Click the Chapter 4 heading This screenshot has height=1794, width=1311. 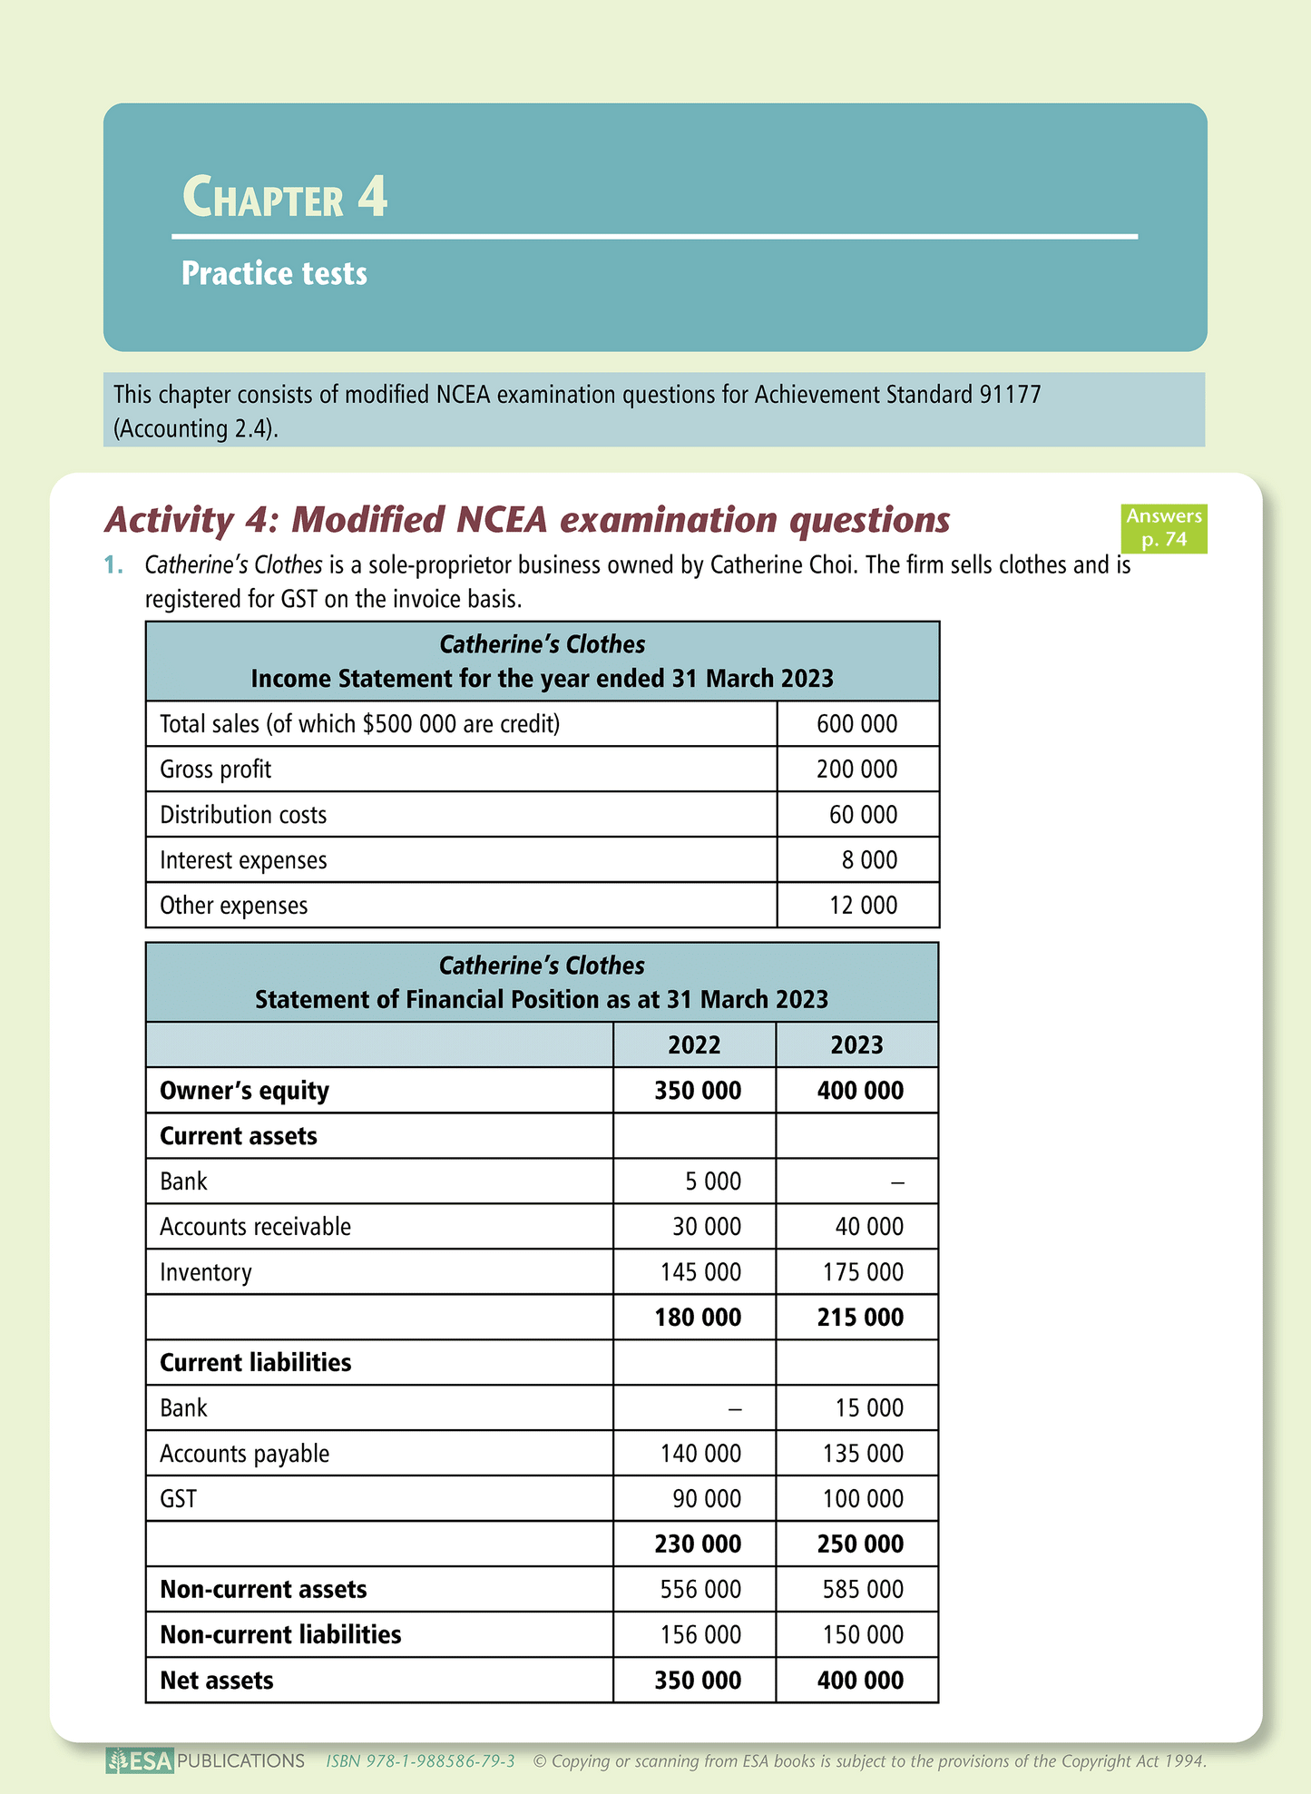click(285, 197)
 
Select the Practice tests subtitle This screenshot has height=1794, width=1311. click(274, 273)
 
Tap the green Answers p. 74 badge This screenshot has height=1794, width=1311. click(1163, 528)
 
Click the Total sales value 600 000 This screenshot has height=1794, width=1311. click(856, 724)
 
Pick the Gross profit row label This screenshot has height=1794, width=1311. click(215, 770)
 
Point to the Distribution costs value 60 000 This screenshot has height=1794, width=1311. click(863, 815)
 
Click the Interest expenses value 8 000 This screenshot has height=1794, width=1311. click(869, 860)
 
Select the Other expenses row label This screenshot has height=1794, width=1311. click(233, 906)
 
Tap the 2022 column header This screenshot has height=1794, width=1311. click(694, 1045)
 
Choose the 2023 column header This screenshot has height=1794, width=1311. click(856, 1045)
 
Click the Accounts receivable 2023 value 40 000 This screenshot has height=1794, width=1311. click(869, 1227)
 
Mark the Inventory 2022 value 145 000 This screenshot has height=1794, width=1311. click(700, 1272)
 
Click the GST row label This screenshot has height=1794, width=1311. click(178, 1499)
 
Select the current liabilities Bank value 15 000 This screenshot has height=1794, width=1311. click(869, 1408)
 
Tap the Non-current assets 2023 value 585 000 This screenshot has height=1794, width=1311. click(863, 1590)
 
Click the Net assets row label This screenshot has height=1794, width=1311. click(216, 1681)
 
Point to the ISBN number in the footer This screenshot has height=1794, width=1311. click(421, 1761)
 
